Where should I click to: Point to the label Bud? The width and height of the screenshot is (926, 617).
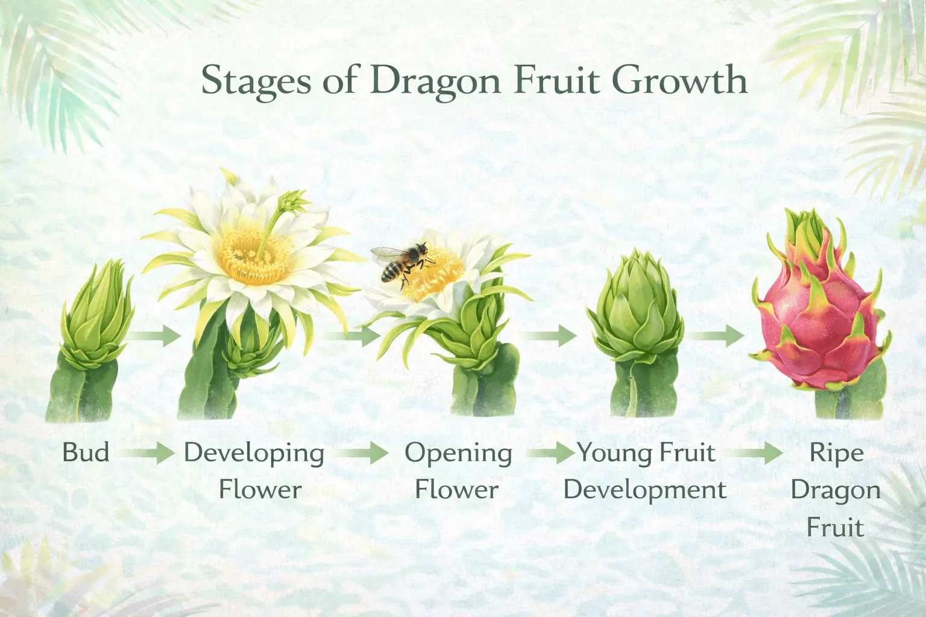pyautogui.click(x=86, y=452)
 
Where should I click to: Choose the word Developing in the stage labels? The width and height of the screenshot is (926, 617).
pyautogui.click(x=254, y=452)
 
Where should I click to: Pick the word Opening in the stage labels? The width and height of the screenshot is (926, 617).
pyautogui.click(x=458, y=452)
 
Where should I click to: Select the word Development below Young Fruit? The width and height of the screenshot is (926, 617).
pyautogui.click(x=645, y=489)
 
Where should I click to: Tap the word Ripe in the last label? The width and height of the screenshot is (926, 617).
pyautogui.click(x=836, y=452)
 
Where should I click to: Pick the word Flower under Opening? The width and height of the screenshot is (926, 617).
pyautogui.click(x=456, y=489)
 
